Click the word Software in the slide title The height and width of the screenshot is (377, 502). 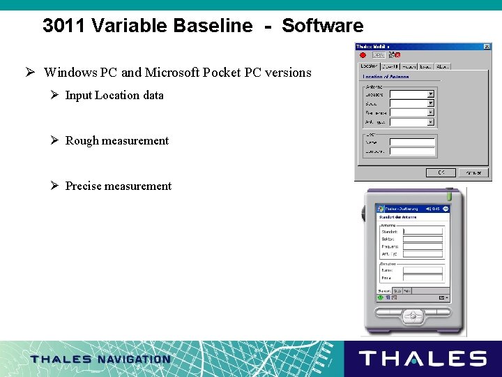coord(322,27)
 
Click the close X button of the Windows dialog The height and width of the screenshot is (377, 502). coord(487,47)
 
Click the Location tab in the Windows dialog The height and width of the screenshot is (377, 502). coord(369,66)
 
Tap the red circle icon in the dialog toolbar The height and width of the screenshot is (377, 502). coord(363,54)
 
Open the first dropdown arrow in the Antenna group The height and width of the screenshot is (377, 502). coord(430,94)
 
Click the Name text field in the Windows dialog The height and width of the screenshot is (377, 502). coord(413,142)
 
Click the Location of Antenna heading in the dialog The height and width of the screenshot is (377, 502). coord(386,77)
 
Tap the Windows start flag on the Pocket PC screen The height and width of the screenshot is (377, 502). coord(380,209)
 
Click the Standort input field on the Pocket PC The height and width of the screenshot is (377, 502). coord(423,231)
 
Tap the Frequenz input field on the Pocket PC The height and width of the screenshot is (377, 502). coord(423,246)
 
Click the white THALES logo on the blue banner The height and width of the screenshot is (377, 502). coord(423,359)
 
